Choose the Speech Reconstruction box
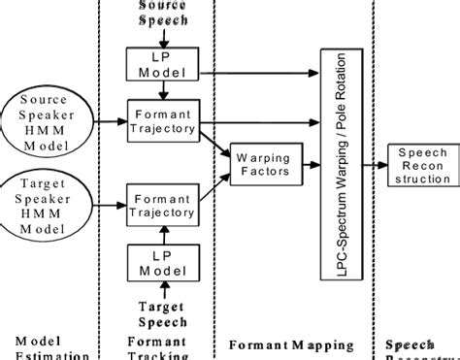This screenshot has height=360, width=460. (x=418, y=162)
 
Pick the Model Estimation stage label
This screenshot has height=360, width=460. (x=45, y=348)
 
